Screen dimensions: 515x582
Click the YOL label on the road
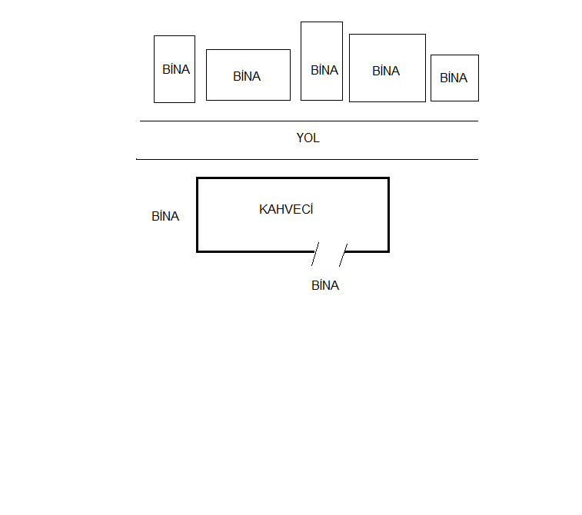click(308, 138)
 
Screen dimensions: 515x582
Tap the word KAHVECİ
click(286, 209)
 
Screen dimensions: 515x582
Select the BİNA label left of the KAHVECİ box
click(165, 217)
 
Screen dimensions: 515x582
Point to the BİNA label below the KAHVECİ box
click(325, 286)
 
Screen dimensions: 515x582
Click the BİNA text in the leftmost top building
click(176, 69)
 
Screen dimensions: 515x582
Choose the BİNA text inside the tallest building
click(324, 70)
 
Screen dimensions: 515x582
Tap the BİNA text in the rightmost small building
click(454, 78)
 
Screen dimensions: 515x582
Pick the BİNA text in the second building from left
click(247, 76)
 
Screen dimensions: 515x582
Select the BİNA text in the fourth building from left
click(386, 71)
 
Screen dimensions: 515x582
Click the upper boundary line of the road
click(308, 121)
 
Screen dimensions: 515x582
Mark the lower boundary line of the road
click(308, 159)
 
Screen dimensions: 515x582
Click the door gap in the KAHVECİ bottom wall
click(329, 251)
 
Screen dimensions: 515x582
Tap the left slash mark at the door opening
click(315, 254)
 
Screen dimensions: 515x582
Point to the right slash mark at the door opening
click(343, 254)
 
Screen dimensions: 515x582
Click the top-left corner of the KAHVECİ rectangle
click(198, 178)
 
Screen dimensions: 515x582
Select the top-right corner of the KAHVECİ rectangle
click(388, 178)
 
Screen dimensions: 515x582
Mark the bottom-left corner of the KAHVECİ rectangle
click(198, 251)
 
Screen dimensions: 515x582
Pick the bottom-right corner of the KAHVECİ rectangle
click(388, 251)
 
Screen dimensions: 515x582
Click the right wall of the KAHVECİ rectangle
click(388, 215)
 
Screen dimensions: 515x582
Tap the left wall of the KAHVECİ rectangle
click(198, 215)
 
